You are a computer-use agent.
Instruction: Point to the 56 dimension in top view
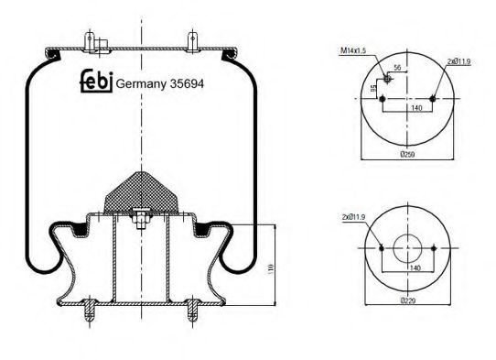(x=398, y=69)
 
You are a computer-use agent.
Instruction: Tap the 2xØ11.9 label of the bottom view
(x=354, y=217)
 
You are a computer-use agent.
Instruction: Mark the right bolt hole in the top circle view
(x=431, y=96)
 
